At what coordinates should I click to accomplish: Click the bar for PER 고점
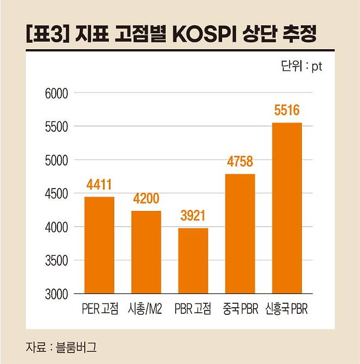pos(99,245)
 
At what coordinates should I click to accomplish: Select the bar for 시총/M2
pos(146,252)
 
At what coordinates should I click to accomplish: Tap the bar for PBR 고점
pos(193,261)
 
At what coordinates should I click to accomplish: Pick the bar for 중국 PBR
pos(240,233)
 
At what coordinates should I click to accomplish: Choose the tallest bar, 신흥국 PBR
pos(287,208)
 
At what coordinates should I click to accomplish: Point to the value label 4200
pos(146,199)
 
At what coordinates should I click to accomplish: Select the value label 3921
pos(193,216)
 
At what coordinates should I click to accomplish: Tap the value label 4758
pos(240,162)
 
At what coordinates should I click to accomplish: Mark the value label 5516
pos(287,111)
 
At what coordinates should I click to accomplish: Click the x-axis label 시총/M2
pos(146,309)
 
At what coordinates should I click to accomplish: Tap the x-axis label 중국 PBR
pos(240,309)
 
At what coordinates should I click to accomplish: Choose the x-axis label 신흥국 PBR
pos(287,309)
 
